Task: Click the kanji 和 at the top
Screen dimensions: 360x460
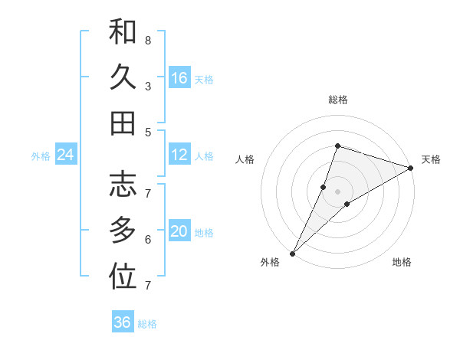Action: [x=123, y=31]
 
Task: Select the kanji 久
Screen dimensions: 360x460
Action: [x=123, y=77]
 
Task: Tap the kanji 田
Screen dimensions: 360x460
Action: [x=123, y=123]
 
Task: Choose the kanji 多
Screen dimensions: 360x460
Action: [x=123, y=230]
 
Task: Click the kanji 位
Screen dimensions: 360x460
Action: [x=123, y=277]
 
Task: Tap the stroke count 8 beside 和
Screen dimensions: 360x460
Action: [x=147, y=40]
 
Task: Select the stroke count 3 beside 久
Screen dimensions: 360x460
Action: [x=147, y=86]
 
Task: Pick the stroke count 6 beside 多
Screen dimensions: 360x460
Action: [x=147, y=239]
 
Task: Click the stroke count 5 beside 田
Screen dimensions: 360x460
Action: [x=147, y=132]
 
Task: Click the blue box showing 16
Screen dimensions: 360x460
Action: [x=179, y=78]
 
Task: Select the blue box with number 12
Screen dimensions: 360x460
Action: [x=179, y=155]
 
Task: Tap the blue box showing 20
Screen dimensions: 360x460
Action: [x=179, y=231]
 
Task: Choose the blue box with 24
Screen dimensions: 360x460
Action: [x=65, y=155]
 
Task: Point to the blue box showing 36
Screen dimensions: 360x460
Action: [x=122, y=322]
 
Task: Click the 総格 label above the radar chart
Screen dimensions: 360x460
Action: [x=337, y=100]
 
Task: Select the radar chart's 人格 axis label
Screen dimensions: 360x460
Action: [x=245, y=159]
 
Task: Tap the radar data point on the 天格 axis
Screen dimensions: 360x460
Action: [x=410, y=168]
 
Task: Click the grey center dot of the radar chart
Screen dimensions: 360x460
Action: [x=337, y=191]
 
